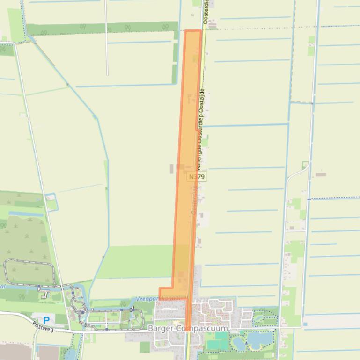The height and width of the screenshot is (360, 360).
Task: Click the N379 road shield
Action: (197, 177)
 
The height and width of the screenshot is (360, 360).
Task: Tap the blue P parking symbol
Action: (46, 320)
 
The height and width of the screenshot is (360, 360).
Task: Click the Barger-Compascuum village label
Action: (188, 329)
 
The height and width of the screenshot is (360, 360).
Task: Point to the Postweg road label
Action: (43, 326)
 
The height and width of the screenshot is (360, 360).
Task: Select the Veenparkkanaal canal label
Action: (152, 298)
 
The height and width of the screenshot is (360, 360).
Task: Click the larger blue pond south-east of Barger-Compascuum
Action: (256, 338)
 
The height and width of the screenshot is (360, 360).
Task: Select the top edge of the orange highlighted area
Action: (193, 30)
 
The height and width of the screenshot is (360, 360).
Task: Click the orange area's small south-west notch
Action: (165, 293)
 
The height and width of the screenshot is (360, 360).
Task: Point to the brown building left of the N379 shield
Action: (180, 167)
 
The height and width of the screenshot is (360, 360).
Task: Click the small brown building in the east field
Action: (321, 174)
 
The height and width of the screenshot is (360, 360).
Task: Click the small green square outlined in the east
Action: (305, 165)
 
